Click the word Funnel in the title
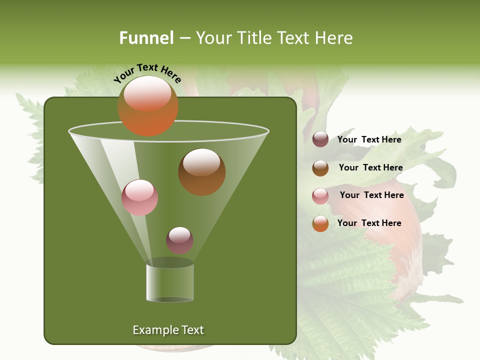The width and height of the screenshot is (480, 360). click(x=146, y=38)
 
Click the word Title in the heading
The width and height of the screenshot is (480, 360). click(x=252, y=38)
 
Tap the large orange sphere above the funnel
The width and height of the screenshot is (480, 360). click(x=147, y=105)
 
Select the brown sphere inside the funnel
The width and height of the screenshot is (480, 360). click(x=201, y=171)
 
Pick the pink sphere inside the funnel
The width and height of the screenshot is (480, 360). click(x=139, y=197)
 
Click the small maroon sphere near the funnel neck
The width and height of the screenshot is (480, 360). click(x=179, y=240)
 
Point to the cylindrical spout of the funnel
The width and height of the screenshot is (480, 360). click(x=169, y=282)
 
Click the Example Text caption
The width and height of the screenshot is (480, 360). click(x=168, y=330)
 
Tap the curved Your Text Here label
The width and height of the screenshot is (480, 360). click(x=147, y=73)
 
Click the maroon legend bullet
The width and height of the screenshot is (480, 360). click(x=320, y=139)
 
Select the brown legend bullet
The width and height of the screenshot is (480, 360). click(x=320, y=168)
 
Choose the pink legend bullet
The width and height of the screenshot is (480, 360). click(x=320, y=195)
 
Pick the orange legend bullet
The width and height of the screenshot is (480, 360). click(x=320, y=223)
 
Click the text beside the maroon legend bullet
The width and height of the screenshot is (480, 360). click(x=369, y=139)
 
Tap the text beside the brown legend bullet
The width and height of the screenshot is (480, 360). click(x=370, y=167)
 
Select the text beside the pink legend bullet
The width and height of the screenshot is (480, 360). click(x=371, y=195)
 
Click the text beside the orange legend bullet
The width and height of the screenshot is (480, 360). click(x=369, y=223)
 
